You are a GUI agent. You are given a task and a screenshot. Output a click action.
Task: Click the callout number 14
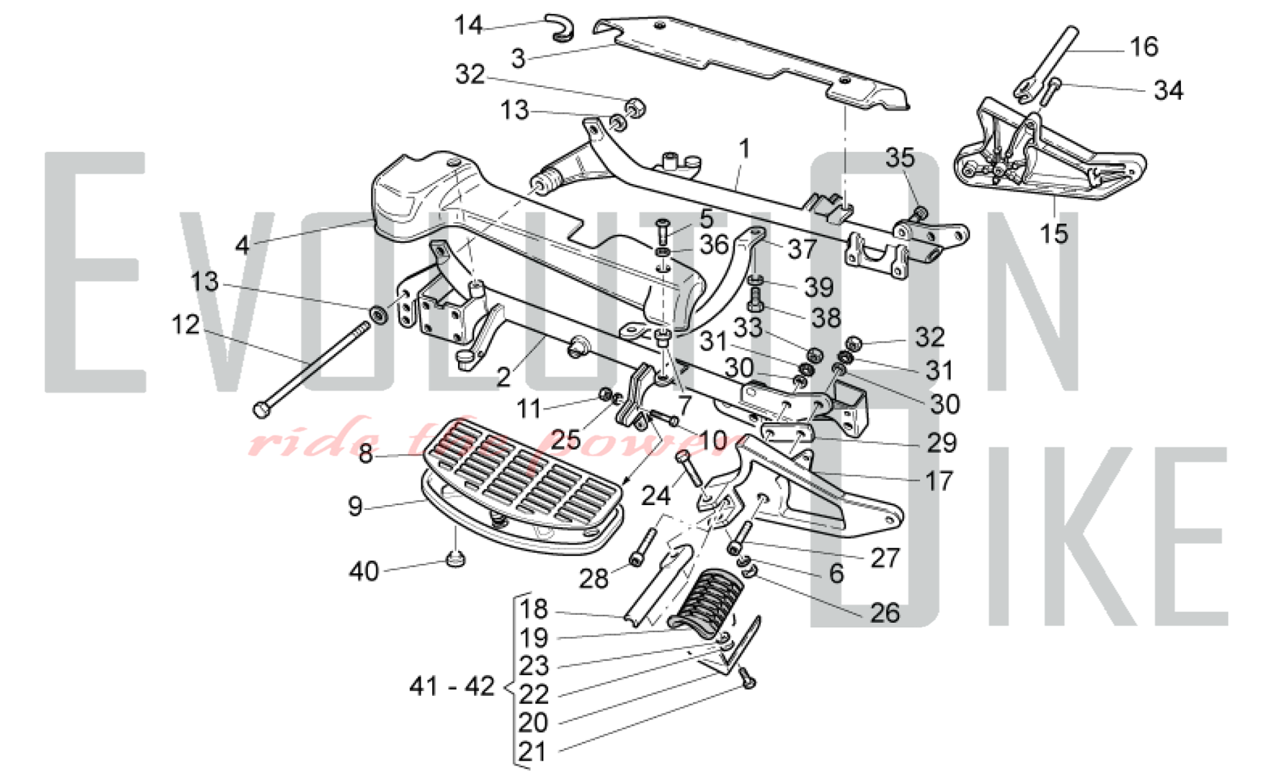[469, 25]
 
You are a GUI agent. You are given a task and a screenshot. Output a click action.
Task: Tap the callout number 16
[1144, 47]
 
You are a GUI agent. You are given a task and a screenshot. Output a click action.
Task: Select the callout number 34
[1168, 91]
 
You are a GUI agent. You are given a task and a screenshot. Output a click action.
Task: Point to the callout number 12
[185, 325]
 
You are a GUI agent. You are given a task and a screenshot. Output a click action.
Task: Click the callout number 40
[364, 572]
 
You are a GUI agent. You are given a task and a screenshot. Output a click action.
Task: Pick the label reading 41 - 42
[452, 686]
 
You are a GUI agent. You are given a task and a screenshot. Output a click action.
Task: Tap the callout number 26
[884, 613]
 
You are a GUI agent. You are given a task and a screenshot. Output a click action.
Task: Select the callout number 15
[1054, 233]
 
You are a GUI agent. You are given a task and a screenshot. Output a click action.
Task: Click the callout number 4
[242, 245]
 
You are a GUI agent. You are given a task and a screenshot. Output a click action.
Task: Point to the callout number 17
[939, 481]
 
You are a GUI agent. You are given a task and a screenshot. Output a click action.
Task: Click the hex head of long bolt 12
[261, 410]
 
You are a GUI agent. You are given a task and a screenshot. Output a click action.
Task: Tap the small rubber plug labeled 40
[456, 560]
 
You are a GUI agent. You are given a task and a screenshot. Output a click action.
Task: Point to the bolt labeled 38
[756, 299]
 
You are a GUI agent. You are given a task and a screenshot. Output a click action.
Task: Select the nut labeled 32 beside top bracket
[636, 107]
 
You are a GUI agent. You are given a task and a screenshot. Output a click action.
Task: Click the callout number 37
[802, 249]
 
